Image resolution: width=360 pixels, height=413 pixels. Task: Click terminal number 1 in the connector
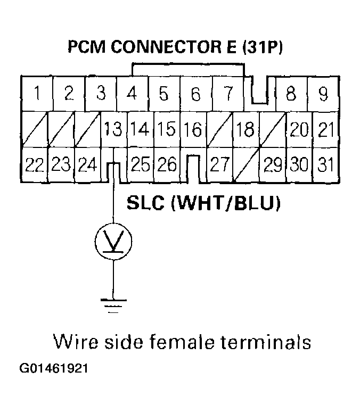pos(36,94)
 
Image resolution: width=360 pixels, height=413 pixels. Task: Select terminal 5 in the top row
pos(163,94)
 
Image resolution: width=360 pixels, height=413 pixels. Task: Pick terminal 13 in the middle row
pos(113,129)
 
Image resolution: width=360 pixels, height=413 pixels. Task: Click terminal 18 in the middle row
pos(245,129)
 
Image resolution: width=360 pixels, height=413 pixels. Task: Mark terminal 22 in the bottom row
pos(35,165)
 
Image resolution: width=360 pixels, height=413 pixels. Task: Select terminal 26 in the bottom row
pos(167,165)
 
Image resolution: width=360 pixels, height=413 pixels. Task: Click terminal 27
pos(219,165)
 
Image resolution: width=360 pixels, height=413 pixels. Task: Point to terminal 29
pos(273,165)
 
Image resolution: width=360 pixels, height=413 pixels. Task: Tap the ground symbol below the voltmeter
pos(113,304)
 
